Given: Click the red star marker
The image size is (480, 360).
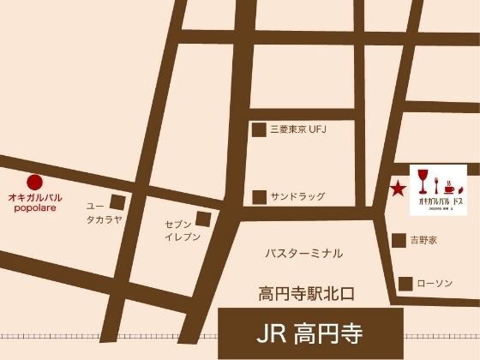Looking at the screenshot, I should [398, 189].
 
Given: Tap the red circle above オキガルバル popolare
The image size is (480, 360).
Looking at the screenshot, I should [34, 182].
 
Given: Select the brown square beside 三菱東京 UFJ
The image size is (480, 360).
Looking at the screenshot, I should [258, 129].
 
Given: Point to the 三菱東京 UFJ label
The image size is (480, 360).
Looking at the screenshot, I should [300, 129].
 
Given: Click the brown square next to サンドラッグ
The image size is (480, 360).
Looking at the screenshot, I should [258, 196].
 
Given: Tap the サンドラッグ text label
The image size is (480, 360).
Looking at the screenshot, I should [298, 196].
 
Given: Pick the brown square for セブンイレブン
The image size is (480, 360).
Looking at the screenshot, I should [202, 219].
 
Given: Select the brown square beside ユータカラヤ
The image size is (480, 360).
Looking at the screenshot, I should [117, 203].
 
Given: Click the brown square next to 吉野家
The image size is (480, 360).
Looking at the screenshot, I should [398, 241].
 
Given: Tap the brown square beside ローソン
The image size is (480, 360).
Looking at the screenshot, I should [405, 283].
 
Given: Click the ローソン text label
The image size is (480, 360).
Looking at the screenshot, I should [435, 283].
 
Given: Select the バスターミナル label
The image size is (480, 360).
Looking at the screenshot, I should [304, 254].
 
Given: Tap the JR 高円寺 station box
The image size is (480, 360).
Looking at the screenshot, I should [310, 332].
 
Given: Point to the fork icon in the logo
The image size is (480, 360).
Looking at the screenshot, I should [447, 184].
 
